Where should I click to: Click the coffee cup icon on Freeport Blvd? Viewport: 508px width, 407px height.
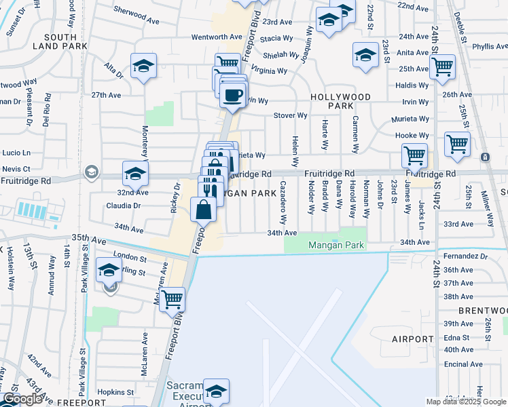(x=233, y=95)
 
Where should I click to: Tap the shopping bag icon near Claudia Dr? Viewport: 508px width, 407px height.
(x=203, y=210)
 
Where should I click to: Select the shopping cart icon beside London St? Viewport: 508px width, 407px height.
(x=173, y=298)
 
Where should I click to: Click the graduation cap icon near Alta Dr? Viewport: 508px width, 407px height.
(x=144, y=66)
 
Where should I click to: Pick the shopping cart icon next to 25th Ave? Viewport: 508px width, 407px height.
(x=442, y=67)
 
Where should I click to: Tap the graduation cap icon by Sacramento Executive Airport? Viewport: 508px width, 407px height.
(x=216, y=393)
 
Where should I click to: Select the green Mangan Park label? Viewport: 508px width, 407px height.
(x=333, y=245)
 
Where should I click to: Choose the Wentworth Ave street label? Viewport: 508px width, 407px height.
(x=217, y=37)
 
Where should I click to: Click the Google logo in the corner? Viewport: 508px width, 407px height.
(x=23, y=399)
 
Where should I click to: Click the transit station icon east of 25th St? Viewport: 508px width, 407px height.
(x=485, y=157)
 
